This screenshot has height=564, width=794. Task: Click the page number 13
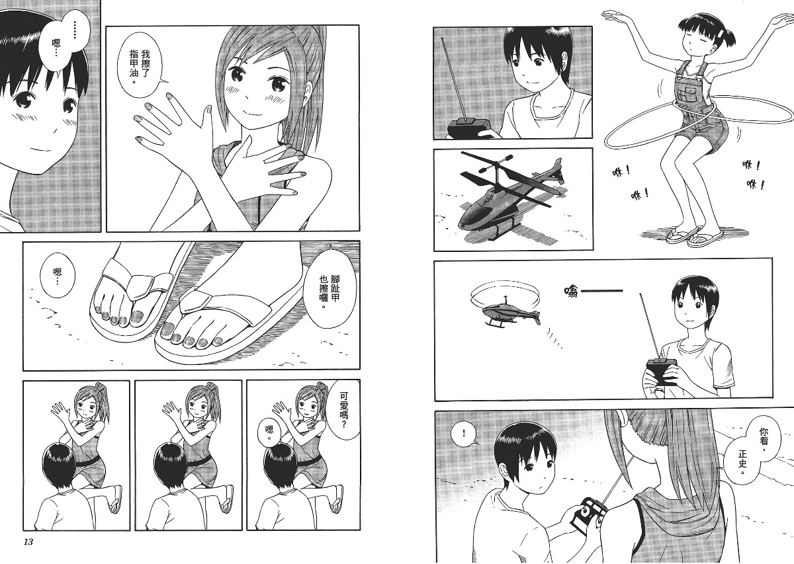pos(28,552)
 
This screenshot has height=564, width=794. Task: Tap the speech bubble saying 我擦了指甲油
pos(140,65)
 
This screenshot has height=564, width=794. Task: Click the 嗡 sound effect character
pos(570,292)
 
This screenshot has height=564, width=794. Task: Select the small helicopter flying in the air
pos(507,309)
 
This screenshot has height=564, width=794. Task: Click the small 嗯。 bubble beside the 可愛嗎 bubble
pos(269,432)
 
